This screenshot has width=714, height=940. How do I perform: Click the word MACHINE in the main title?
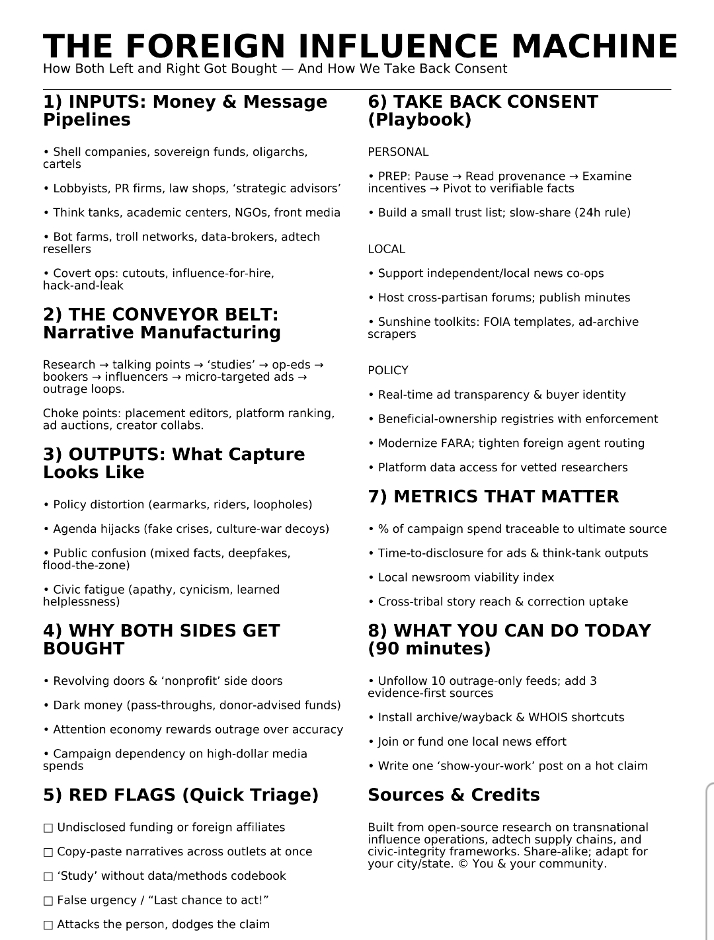(594, 46)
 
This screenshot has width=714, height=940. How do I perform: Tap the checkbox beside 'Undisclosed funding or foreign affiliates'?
(48, 828)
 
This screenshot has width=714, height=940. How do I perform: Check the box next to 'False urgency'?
(48, 900)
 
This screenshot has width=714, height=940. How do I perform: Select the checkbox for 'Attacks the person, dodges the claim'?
(48, 925)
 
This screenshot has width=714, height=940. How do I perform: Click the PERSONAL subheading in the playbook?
(398, 152)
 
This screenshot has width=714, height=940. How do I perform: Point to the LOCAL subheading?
(386, 249)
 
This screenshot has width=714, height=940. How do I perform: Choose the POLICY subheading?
(388, 370)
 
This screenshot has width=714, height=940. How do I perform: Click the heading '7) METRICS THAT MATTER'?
(493, 496)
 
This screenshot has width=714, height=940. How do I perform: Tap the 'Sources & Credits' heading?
(454, 795)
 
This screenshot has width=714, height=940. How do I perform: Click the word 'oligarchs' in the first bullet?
(280, 152)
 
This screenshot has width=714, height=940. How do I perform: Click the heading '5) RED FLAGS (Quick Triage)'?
(180, 795)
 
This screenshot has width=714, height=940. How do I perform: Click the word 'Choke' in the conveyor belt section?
(59, 413)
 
